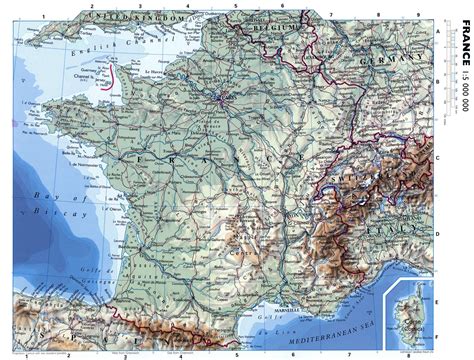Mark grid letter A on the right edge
(438, 31)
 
